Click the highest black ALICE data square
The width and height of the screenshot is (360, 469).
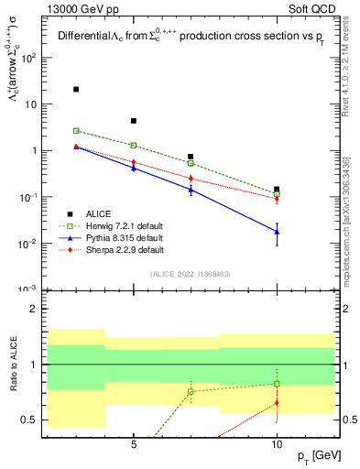76,90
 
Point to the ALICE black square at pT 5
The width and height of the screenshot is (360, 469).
134,121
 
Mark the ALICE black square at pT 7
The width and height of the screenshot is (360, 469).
191,157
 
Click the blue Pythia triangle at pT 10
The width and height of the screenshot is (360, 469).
277,232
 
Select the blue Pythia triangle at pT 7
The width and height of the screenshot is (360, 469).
191,189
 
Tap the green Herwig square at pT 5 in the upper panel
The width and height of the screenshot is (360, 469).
134,145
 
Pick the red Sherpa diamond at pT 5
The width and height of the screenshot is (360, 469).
134,162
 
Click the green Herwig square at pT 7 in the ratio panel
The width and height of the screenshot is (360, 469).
191,391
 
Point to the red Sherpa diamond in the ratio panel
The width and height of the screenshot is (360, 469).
277,402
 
